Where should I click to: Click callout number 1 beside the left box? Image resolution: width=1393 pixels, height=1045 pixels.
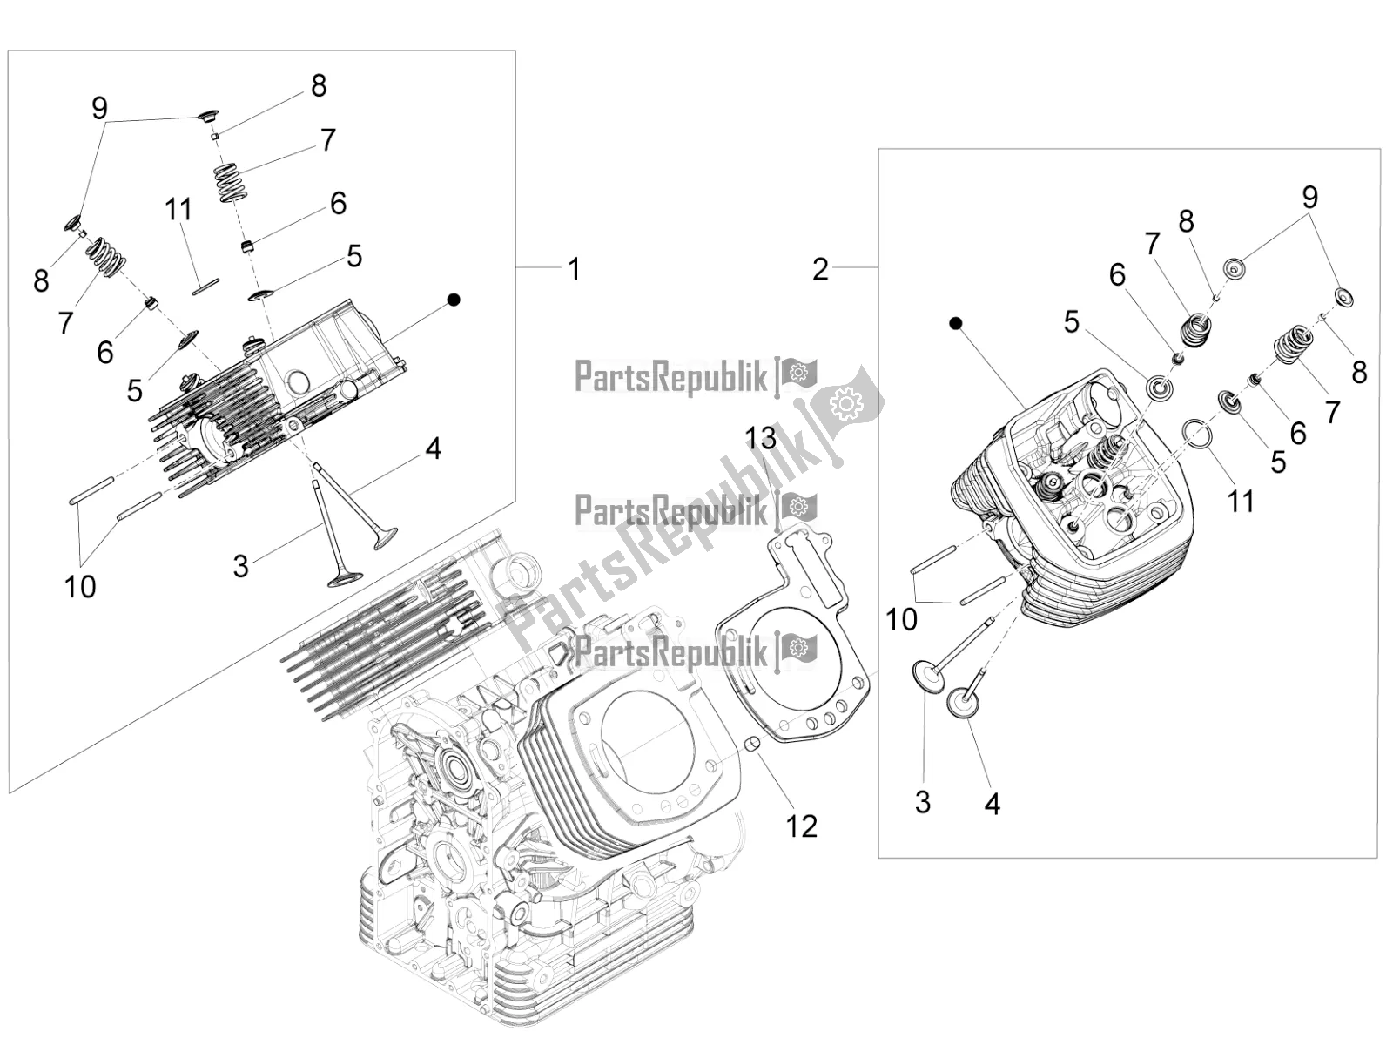coord(574,268)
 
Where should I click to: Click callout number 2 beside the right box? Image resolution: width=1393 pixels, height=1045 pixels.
coord(820,269)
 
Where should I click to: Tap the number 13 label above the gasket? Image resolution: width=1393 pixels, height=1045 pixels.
coord(761,437)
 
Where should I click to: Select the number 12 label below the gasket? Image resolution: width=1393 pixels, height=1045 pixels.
coord(801,826)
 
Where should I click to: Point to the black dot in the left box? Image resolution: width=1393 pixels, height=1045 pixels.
coord(453,300)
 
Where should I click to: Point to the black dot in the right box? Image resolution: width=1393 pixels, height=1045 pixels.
coord(956,324)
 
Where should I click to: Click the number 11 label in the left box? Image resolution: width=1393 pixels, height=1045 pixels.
coord(178,210)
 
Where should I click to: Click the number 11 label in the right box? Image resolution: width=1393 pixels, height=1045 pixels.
coord(1241,501)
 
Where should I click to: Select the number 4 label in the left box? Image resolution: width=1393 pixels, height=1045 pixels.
coord(433,449)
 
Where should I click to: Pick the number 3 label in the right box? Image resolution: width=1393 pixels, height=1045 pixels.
coord(923,801)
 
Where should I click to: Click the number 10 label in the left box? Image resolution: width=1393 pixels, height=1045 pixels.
coord(80,586)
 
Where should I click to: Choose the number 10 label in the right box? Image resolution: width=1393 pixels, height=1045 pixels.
coord(901,619)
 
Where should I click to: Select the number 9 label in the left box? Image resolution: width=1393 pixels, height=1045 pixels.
coord(99,108)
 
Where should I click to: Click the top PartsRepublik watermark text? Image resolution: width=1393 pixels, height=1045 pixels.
coord(670,377)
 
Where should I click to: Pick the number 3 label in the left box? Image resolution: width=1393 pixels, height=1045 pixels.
coord(241,566)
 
